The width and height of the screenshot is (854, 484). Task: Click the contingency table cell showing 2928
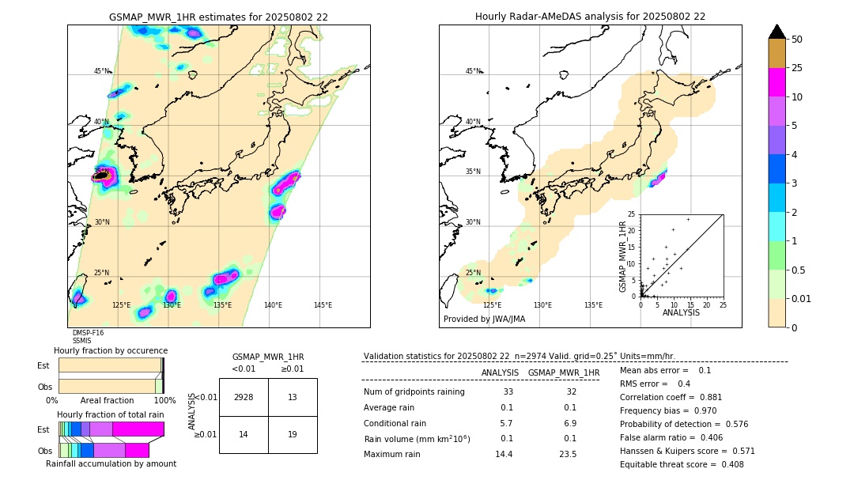(x=244, y=398)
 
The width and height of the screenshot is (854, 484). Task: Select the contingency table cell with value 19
(x=293, y=434)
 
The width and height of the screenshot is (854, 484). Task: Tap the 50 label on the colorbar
(x=797, y=39)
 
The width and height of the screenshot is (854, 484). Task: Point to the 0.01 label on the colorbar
(x=802, y=298)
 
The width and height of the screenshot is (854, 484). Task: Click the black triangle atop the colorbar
(x=777, y=32)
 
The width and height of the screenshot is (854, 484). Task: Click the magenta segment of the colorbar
(x=777, y=82)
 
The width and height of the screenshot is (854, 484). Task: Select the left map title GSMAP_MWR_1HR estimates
(x=218, y=17)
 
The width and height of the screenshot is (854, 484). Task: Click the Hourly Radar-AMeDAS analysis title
(x=590, y=17)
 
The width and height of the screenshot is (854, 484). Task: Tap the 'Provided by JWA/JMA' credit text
(x=484, y=320)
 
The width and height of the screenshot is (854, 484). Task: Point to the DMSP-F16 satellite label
(x=88, y=333)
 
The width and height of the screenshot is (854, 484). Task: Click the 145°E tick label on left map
(x=323, y=305)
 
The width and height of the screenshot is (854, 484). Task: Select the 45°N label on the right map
(x=473, y=71)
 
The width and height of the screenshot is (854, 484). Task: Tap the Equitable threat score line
(x=682, y=465)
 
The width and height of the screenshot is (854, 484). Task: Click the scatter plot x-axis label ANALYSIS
(x=681, y=312)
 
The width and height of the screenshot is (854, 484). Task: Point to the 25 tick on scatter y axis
(x=633, y=214)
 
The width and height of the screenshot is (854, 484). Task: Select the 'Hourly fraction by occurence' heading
(x=111, y=350)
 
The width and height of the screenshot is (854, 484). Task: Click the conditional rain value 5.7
(x=506, y=423)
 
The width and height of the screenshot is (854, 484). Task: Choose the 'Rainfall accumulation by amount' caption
(x=116, y=464)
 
